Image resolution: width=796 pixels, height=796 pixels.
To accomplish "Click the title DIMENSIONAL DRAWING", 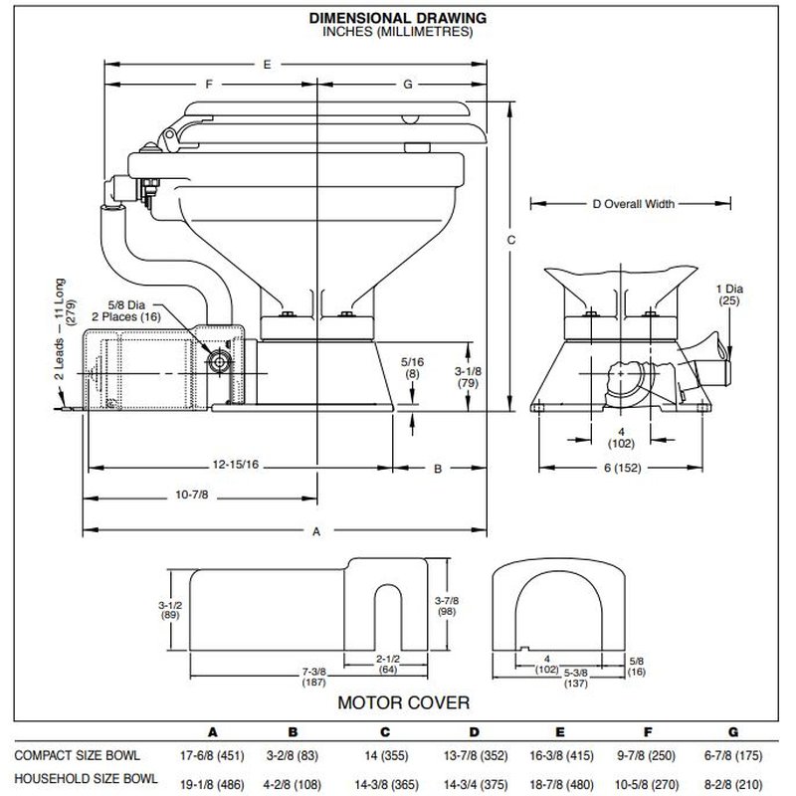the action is pyautogui.click(x=398, y=18).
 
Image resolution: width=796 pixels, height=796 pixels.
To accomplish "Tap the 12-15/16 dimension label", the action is pyautogui.click(x=236, y=464).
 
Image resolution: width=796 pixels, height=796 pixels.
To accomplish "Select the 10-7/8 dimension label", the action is pyautogui.click(x=192, y=495).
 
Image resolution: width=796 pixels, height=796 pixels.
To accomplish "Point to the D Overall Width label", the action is pyautogui.click(x=634, y=204).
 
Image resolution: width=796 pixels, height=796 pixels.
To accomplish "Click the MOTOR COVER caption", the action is pyautogui.click(x=404, y=702).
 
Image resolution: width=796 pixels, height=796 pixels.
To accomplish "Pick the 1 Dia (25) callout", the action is pyautogui.click(x=729, y=295).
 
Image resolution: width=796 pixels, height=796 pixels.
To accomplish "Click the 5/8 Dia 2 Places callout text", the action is pyautogui.click(x=126, y=310).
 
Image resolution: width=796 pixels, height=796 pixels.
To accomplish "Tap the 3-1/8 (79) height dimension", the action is pyautogui.click(x=468, y=377).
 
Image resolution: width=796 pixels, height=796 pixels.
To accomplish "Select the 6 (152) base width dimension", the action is pyautogui.click(x=623, y=468).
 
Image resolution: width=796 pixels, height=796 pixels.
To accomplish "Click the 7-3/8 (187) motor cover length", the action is pyautogui.click(x=313, y=678).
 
